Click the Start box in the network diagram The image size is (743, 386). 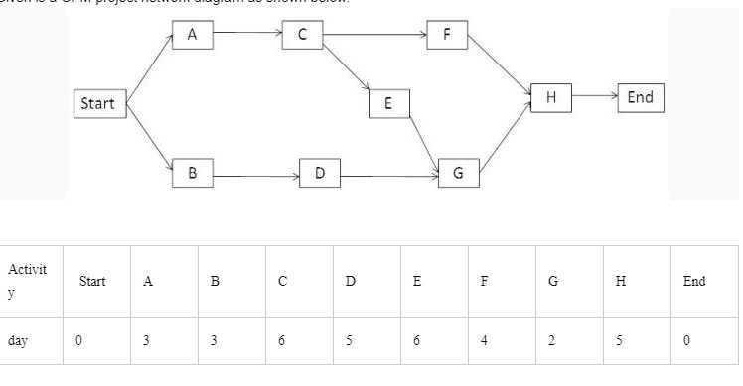point(97,103)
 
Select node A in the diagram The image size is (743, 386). point(192,34)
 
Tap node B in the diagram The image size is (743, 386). point(192,173)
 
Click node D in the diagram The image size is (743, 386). point(319,174)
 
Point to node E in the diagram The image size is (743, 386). point(388,102)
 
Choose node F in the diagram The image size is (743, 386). point(447,34)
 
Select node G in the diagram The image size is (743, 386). point(458,174)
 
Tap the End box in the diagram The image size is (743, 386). point(641,96)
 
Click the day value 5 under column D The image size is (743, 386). point(350,340)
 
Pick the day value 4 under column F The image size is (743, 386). point(484,340)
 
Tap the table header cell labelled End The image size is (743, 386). point(694,281)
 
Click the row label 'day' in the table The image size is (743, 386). point(17,340)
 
